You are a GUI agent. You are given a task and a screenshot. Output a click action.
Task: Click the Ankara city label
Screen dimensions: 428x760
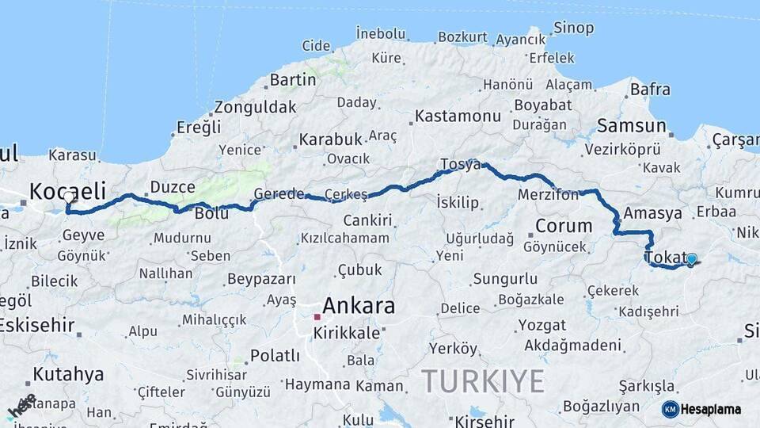(358, 306)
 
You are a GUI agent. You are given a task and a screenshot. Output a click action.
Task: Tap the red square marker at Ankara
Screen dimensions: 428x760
(317, 316)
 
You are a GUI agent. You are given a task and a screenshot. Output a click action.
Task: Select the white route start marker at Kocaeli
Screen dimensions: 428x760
(68, 197)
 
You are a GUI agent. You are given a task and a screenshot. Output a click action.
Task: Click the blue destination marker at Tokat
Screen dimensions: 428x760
(691, 259)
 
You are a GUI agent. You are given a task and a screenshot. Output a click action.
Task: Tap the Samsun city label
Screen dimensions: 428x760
(631, 126)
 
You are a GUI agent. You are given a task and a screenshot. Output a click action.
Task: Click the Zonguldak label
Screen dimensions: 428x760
(255, 107)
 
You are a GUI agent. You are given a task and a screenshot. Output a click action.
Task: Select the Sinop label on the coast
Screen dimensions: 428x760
(574, 29)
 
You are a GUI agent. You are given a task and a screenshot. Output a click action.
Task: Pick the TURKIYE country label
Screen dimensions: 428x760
(482, 381)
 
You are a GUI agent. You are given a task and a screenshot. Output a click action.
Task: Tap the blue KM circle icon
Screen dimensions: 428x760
(670, 409)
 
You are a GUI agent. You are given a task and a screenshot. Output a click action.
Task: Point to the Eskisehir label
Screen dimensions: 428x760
(36, 325)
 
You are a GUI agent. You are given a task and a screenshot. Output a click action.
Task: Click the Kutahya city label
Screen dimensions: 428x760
(68, 374)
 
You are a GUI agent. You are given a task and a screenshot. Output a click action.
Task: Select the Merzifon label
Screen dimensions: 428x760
(548, 195)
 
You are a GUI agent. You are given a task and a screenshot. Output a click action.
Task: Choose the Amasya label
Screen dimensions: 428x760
(652, 213)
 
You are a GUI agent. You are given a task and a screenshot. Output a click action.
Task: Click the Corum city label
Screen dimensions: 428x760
(564, 226)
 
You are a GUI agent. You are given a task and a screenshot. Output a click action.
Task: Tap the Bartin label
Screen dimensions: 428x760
(293, 80)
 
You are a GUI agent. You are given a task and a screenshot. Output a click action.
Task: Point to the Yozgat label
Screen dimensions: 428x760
(541, 325)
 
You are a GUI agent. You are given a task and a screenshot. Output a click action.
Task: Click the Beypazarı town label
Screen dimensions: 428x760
(261, 279)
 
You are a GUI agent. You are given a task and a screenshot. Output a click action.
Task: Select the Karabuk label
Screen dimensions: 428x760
(330, 139)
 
